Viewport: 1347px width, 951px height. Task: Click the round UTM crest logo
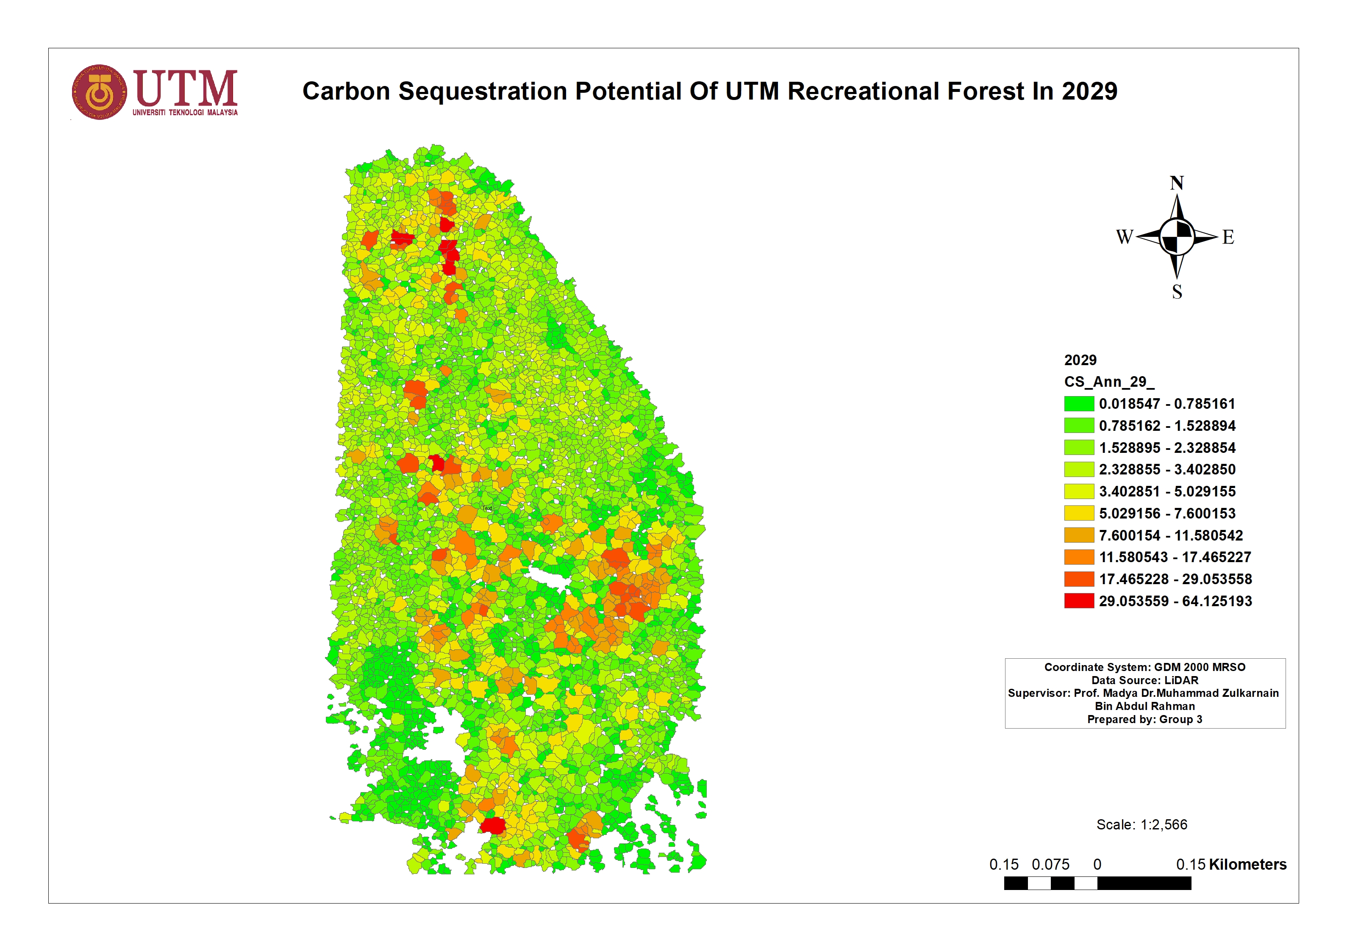(x=99, y=92)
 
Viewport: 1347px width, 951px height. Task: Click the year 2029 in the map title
(x=1089, y=91)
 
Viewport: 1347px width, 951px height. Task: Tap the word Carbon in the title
(x=346, y=91)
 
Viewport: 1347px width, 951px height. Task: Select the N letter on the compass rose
(x=1176, y=183)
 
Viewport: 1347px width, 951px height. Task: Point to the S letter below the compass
(x=1177, y=291)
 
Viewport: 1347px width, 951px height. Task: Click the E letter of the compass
(x=1228, y=237)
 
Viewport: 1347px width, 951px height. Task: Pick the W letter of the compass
(x=1124, y=237)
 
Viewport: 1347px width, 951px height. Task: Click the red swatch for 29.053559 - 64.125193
(x=1078, y=601)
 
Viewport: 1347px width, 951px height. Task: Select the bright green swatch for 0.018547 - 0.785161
(x=1078, y=404)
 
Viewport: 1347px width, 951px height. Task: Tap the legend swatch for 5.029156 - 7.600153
(x=1078, y=513)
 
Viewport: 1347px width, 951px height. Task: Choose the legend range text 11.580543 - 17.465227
(x=1175, y=557)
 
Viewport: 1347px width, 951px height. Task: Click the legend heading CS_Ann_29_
(x=1109, y=382)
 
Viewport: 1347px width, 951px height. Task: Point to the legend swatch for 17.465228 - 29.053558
(x=1078, y=579)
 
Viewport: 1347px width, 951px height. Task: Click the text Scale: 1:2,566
(x=1141, y=824)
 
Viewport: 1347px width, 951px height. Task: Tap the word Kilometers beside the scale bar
(x=1247, y=864)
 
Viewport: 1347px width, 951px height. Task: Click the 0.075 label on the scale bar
(x=1050, y=864)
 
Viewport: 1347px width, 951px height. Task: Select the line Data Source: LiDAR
(x=1144, y=680)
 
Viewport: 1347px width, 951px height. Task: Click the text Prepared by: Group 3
(x=1144, y=719)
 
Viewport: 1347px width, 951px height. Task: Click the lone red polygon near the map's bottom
(x=493, y=826)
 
